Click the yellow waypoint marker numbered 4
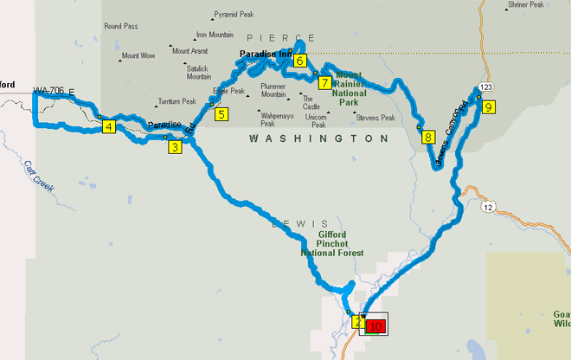108,127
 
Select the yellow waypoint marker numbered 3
175,147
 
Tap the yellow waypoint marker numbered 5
221,113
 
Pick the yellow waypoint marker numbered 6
299,61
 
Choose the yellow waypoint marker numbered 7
324,83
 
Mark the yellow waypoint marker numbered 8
427,137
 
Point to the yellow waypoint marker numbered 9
489,107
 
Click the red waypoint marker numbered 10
375,326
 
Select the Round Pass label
121,27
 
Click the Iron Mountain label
215,35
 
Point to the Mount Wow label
138,55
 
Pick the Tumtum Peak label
176,101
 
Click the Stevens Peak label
375,118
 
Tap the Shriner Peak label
526,5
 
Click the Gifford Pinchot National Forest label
331,244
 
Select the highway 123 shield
486,88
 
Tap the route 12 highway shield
489,208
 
